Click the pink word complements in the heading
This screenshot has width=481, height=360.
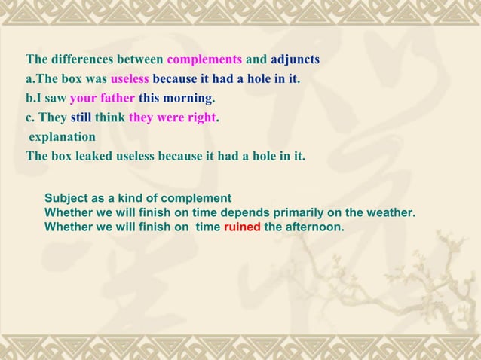(x=204, y=59)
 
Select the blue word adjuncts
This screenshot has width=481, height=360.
(x=290, y=59)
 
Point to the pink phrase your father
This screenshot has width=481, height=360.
(x=103, y=99)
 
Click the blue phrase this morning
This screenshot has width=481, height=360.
(x=176, y=99)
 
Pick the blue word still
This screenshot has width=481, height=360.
(x=81, y=118)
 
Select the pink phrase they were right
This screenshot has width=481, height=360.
(x=173, y=118)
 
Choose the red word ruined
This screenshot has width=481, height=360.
(x=242, y=225)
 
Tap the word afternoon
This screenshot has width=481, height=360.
(x=314, y=225)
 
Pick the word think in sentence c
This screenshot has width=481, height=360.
(x=110, y=118)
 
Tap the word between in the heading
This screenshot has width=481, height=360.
(x=141, y=59)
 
